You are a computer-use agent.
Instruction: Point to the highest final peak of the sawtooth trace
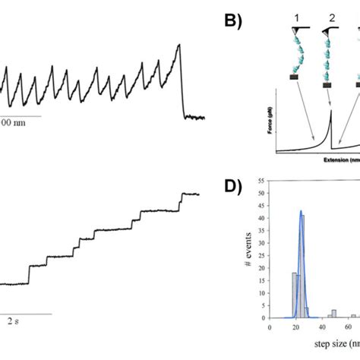tap(179, 45)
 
